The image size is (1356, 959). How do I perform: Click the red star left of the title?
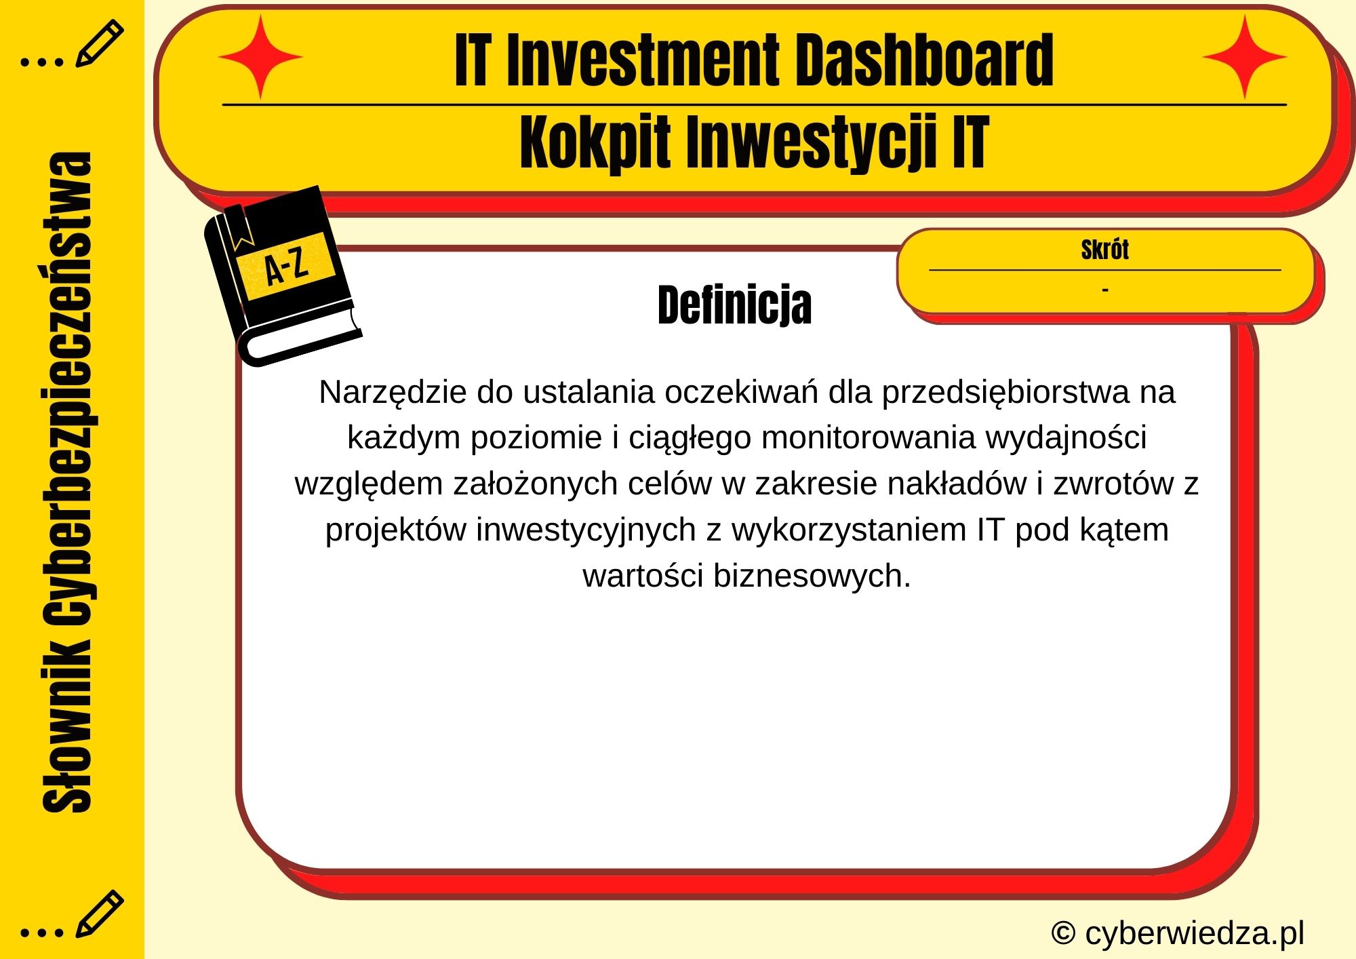click(x=260, y=58)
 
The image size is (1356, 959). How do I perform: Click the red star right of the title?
click(x=1244, y=58)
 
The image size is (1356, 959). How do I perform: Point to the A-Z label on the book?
click(x=286, y=267)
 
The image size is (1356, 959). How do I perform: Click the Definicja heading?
click(x=734, y=305)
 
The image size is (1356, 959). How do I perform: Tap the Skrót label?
click(x=1104, y=250)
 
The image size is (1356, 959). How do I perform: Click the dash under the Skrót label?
click(x=1105, y=290)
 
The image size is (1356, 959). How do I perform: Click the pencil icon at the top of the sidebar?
click(x=99, y=44)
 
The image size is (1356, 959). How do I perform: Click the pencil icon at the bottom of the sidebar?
click(x=99, y=914)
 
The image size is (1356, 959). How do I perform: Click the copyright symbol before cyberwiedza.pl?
click(x=1063, y=933)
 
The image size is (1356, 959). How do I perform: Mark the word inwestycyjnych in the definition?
click(x=586, y=530)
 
